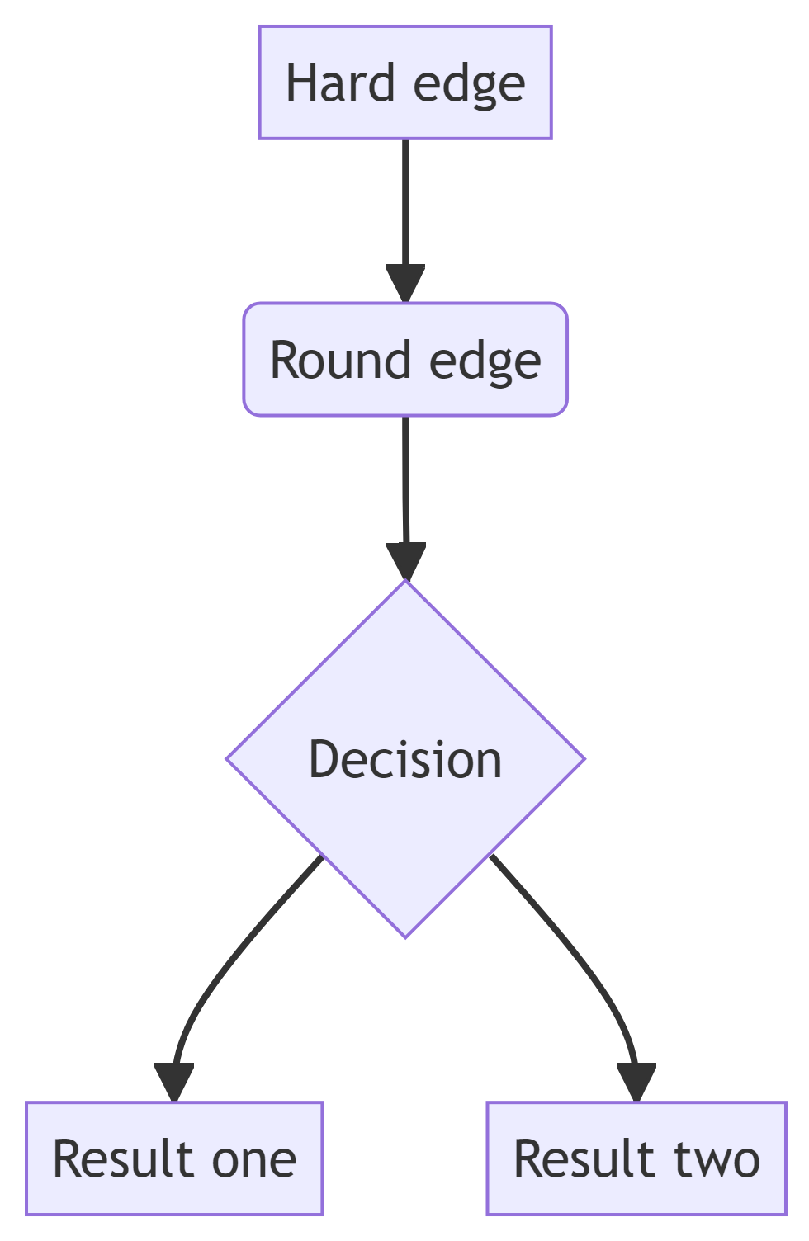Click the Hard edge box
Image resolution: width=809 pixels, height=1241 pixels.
tap(405, 83)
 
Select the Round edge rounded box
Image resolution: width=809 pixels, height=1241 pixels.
tap(405, 360)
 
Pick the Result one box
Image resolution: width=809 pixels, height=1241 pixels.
tap(174, 1158)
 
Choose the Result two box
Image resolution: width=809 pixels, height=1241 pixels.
tap(636, 1158)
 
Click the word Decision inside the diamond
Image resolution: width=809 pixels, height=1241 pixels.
tap(405, 760)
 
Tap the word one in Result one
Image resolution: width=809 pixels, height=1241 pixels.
tap(254, 1159)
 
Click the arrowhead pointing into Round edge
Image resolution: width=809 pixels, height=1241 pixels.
tap(405, 282)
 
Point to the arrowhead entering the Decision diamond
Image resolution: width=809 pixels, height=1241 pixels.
tap(406, 560)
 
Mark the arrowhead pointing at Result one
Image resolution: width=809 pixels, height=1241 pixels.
tap(174, 1081)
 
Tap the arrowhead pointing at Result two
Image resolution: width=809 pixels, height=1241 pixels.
tap(636, 1081)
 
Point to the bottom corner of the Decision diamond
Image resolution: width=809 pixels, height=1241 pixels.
tap(405, 936)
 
